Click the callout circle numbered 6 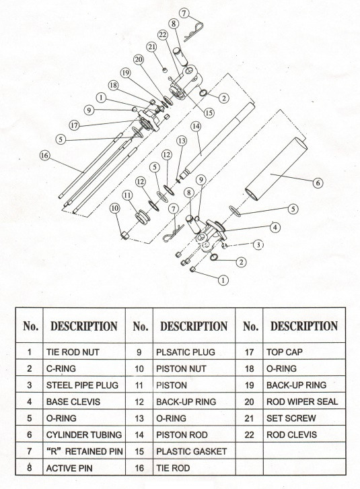coord(318,181)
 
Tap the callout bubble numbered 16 coord(44,156)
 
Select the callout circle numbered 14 coord(196,126)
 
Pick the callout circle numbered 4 coord(275,227)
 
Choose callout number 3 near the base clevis coord(258,245)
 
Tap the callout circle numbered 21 coord(151,46)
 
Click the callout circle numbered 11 coord(127,195)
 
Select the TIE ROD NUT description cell coord(84,351)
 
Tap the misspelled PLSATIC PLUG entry coord(195,351)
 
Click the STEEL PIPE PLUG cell coord(84,385)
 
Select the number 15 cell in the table coord(141,451)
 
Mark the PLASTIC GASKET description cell coord(195,451)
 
